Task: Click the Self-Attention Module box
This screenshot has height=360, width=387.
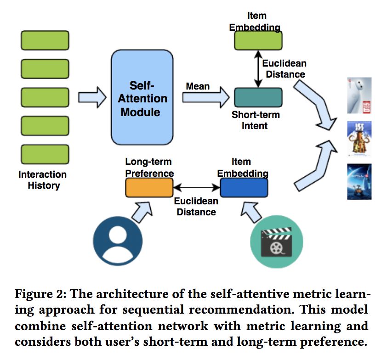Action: click(x=142, y=98)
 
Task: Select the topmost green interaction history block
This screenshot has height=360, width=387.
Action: click(x=45, y=40)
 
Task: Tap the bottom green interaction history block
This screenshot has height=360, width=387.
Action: click(x=45, y=154)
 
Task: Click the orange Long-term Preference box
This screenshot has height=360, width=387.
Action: click(x=149, y=187)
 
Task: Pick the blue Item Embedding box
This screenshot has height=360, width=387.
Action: click(x=244, y=187)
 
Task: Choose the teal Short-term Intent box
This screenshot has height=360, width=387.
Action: click(x=258, y=97)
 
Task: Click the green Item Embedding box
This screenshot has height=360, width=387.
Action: click(x=258, y=40)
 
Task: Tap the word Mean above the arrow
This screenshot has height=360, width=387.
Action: click(x=198, y=86)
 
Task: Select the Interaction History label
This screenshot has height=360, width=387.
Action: click(x=43, y=180)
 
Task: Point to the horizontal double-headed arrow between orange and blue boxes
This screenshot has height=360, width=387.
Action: click(x=196, y=187)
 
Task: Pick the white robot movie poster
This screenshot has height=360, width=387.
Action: click(x=359, y=96)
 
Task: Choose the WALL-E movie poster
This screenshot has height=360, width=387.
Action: click(x=359, y=182)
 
